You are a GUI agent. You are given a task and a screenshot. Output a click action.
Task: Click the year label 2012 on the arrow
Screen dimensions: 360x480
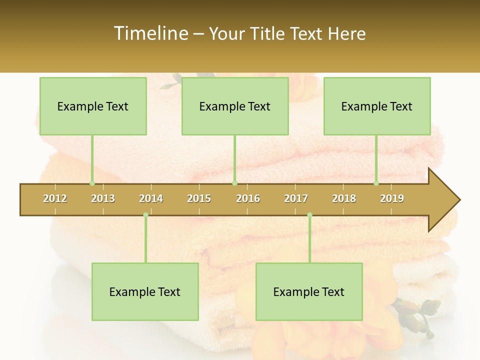tap(55, 198)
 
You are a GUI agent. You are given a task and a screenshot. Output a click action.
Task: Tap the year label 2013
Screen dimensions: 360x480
tap(103, 198)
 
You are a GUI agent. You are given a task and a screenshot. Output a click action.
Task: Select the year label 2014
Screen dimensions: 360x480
tap(151, 198)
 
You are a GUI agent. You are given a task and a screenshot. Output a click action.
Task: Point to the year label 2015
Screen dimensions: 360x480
tap(199, 198)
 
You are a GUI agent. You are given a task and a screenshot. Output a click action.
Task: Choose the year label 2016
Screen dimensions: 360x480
tap(248, 198)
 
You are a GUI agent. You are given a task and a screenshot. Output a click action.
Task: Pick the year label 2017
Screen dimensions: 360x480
tap(296, 198)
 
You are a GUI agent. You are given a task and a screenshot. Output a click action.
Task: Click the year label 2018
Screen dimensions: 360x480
tap(344, 198)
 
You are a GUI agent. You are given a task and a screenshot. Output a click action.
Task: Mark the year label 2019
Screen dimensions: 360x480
tap(392, 198)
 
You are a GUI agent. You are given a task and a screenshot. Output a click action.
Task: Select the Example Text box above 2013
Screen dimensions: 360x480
tap(93, 106)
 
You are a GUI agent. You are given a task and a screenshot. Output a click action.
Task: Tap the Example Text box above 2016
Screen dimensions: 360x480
tap(235, 106)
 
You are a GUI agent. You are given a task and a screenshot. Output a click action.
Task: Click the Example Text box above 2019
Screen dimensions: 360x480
tap(377, 106)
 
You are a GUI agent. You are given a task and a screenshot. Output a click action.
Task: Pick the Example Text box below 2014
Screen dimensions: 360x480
tap(145, 291)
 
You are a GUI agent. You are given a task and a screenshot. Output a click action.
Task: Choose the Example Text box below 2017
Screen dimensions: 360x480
tap(309, 291)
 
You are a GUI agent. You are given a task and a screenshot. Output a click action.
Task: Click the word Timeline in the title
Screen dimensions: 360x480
tap(150, 33)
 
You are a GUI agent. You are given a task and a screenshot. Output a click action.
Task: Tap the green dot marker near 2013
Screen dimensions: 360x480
tap(92, 183)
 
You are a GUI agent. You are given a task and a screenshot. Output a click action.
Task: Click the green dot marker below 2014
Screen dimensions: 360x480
tap(145, 215)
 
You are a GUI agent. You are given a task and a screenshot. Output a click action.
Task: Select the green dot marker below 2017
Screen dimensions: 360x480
tap(309, 215)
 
